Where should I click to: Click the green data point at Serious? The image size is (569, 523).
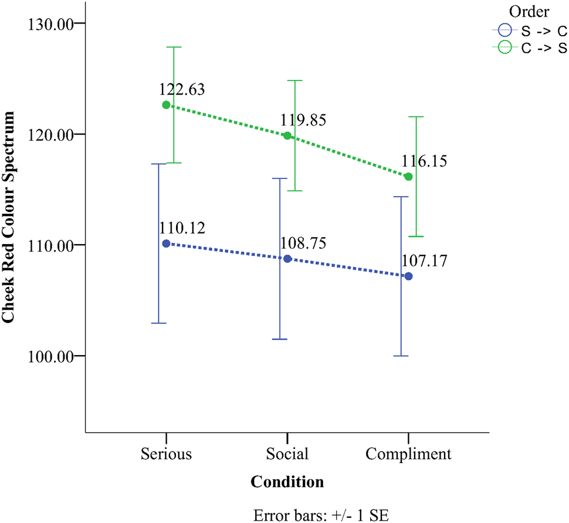tap(166, 105)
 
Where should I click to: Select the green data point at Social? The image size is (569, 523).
tap(287, 136)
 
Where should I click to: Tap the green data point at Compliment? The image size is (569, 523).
tap(408, 177)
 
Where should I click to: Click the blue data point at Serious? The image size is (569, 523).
tap(166, 244)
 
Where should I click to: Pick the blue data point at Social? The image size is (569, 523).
tap(287, 259)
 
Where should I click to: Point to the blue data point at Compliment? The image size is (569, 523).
tap(408, 276)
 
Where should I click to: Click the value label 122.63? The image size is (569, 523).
tap(182, 90)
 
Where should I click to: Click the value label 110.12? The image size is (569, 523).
tap(182, 228)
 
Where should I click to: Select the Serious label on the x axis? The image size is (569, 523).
tap(166, 454)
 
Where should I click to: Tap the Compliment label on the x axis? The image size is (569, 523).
tap(408, 454)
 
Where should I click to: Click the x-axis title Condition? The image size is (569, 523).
tap(287, 482)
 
